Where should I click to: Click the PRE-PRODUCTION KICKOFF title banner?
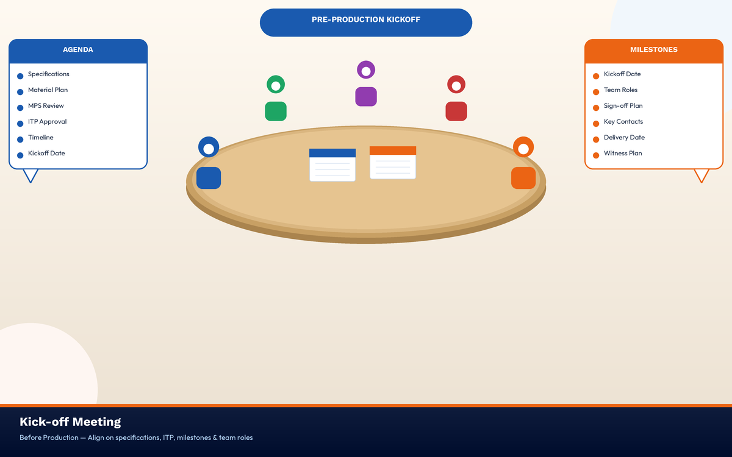(x=365, y=23)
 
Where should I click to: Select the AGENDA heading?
(x=78, y=49)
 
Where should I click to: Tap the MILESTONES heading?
(x=653, y=49)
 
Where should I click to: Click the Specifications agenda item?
(x=49, y=74)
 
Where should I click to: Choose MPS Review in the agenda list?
(x=46, y=106)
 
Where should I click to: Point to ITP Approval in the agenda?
(x=47, y=121)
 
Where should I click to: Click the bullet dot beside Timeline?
(x=20, y=140)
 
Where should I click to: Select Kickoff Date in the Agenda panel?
(x=46, y=153)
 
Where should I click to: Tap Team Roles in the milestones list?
(x=620, y=90)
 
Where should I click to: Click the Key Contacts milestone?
(x=623, y=121)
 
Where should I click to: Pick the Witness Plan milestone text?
(x=623, y=153)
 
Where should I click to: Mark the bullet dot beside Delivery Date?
(x=596, y=140)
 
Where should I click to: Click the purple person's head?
(x=366, y=65)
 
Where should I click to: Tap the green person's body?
(x=276, y=112)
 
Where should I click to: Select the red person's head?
(x=456, y=80)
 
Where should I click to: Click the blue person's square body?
(x=209, y=178)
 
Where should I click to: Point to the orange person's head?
(x=523, y=141)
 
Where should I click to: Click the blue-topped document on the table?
(x=332, y=165)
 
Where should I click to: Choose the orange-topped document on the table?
(x=393, y=163)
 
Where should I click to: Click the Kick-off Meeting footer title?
(x=70, y=422)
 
